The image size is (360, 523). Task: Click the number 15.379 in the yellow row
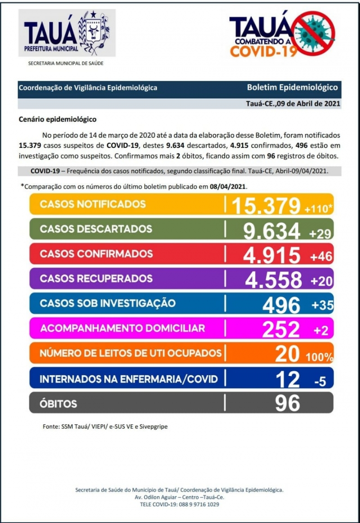(265, 206)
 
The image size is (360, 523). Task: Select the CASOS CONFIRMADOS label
(96, 254)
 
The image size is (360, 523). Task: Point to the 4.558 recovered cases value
(273, 280)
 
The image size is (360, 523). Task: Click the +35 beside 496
(322, 305)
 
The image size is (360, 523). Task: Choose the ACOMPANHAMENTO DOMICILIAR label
(122, 328)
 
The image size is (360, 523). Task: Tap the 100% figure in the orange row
(319, 358)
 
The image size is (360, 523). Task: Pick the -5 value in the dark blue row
(320, 382)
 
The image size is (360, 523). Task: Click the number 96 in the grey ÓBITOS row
(287, 403)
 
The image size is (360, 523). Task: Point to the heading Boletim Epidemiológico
(292, 88)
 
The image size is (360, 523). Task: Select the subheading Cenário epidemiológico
(57, 120)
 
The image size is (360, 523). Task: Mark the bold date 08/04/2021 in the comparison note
(229, 186)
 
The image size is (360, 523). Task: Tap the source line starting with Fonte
(105, 426)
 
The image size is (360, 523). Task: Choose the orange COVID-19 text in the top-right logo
(263, 50)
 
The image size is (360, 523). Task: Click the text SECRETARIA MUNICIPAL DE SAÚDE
(66, 63)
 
